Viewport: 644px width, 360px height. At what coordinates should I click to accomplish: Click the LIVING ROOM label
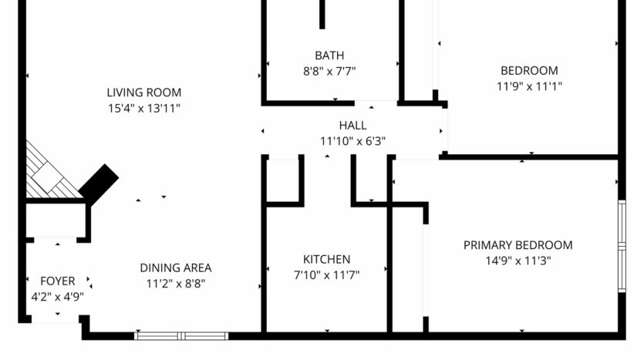tap(143, 93)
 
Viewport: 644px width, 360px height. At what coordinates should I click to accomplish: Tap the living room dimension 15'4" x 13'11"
tap(143, 109)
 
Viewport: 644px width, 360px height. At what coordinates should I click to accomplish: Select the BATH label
tap(329, 56)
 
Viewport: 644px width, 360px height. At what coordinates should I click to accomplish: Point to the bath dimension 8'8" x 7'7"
tap(329, 71)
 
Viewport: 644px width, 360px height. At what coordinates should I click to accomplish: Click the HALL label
tap(352, 126)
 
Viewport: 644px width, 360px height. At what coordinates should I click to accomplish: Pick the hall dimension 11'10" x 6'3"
tap(352, 141)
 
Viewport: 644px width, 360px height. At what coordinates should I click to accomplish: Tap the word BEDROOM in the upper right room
tap(529, 71)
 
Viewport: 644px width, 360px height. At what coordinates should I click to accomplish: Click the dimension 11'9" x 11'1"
tap(529, 86)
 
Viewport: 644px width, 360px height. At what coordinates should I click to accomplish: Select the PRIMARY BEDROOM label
tap(518, 245)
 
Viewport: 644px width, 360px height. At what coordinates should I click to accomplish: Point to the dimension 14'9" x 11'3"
tap(518, 261)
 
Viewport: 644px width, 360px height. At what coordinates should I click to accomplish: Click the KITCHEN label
tap(326, 259)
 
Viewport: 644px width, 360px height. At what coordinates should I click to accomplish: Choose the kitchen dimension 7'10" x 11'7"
tap(326, 274)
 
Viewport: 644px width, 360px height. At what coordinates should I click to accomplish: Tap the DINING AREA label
tap(175, 268)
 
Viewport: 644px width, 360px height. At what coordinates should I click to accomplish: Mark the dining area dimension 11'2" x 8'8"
tap(175, 283)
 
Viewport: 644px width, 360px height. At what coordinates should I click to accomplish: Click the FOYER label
tap(58, 281)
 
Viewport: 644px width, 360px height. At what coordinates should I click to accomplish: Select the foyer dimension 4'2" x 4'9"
tap(58, 296)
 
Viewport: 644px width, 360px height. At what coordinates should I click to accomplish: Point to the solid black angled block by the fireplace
tap(99, 183)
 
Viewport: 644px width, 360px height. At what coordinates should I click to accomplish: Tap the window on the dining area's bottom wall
tap(181, 335)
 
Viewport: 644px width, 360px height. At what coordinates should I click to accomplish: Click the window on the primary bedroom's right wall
tap(622, 246)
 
